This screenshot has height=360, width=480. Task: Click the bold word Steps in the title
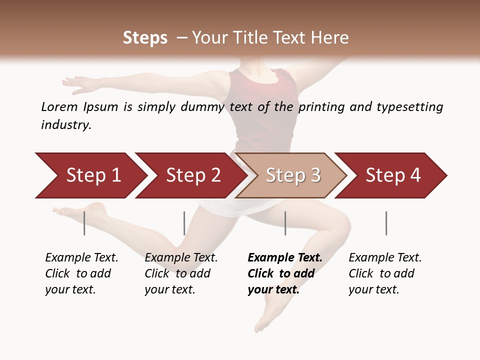pyautogui.click(x=145, y=38)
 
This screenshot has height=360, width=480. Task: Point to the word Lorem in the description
pyautogui.click(x=59, y=106)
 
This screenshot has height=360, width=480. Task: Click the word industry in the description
pyautogui.click(x=65, y=125)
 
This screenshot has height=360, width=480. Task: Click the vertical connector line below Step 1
pyautogui.click(x=84, y=223)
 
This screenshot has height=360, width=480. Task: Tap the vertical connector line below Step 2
pyautogui.click(x=184, y=223)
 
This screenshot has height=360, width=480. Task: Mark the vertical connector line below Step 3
pyautogui.click(x=285, y=223)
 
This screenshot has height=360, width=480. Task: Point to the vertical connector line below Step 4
pyautogui.click(x=386, y=223)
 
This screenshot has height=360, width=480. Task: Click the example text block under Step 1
pyautogui.click(x=81, y=273)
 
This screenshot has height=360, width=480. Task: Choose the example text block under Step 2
pyautogui.click(x=181, y=273)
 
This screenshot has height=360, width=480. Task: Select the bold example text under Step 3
pyautogui.click(x=284, y=273)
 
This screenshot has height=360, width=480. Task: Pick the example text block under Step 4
pyautogui.click(x=385, y=273)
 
